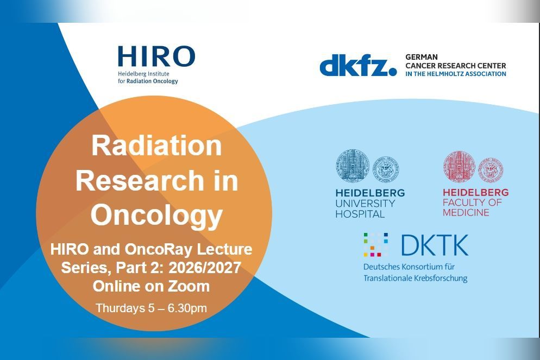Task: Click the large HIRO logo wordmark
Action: (x=156, y=56)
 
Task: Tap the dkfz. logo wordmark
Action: (x=358, y=65)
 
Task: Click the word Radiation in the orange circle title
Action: (x=156, y=146)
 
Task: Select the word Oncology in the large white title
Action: (x=156, y=216)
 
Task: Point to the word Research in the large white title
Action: (x=140, y=180)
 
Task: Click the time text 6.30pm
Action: (x=187, y=308)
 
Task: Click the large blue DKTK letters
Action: (x=435, y=245)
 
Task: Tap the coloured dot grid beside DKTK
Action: (x=376, y=245)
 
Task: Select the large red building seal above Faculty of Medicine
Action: (x=459, y=167)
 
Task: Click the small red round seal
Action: (x=491, y=170)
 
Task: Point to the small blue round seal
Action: (x=386, y=169)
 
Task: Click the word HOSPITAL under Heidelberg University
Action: (x=360, y=214)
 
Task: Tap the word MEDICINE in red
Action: (x=466, y=212)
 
